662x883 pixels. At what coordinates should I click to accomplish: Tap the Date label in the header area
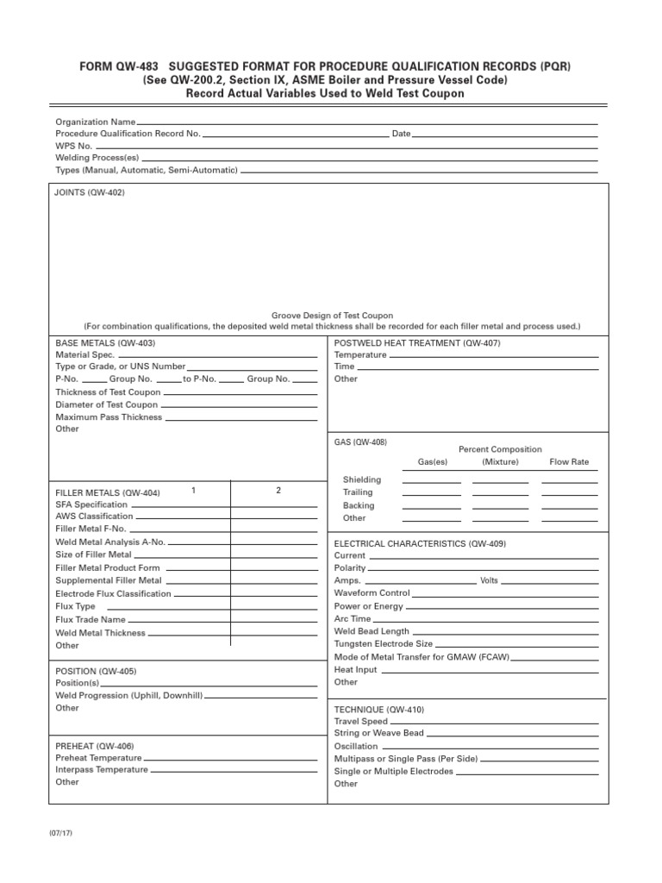click(x=401, y=135)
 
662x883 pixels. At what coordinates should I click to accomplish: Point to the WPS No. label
click(x=74, y=147)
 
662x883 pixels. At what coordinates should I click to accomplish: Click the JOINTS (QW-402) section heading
click(x=90, y=193)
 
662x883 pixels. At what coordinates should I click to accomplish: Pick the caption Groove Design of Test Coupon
click(x=332, y=316)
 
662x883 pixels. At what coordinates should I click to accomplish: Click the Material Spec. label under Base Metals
click(x=85, y=354)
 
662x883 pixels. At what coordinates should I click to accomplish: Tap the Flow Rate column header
click(x=569, y=462)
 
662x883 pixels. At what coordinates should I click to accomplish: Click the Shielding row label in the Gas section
click(x=361, y=479)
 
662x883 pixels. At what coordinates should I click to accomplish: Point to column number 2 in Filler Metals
click(x=278, y=491)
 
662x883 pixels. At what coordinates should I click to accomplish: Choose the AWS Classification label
click(x=94, y=517)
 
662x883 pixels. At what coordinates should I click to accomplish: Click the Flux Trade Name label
click(x=91, y=620)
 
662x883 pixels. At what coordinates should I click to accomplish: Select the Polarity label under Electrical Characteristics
click(x=350, y=568)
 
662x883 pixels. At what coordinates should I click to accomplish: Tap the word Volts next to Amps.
click(x=489, y=581)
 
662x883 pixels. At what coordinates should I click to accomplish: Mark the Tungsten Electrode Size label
click(x=383, y=644)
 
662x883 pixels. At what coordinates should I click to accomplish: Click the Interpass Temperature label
click(x=102, y=770)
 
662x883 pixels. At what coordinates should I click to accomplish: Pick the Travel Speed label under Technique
click(x=360, y=722)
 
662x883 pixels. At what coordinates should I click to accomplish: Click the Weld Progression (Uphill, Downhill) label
click(x=129, y=696)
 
